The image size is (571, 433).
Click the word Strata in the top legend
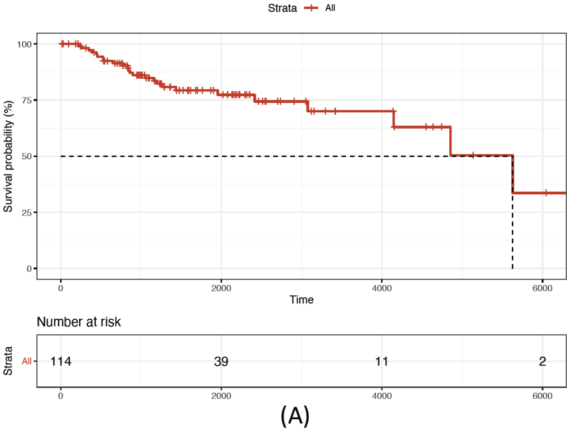282,8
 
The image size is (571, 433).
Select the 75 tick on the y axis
26,100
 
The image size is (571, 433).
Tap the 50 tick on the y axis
26,156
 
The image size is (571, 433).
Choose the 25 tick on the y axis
26,212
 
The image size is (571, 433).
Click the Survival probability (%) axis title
8,156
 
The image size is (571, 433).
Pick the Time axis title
301,300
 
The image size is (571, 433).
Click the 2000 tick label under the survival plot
221,288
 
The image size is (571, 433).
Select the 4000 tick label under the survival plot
382,288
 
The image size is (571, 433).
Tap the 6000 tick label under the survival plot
542,288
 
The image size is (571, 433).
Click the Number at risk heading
79,321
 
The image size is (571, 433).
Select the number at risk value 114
61,362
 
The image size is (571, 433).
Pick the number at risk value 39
221,362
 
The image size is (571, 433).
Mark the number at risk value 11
382,362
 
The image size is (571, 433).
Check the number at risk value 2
542,362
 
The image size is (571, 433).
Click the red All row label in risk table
26,362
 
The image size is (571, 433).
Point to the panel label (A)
294,417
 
